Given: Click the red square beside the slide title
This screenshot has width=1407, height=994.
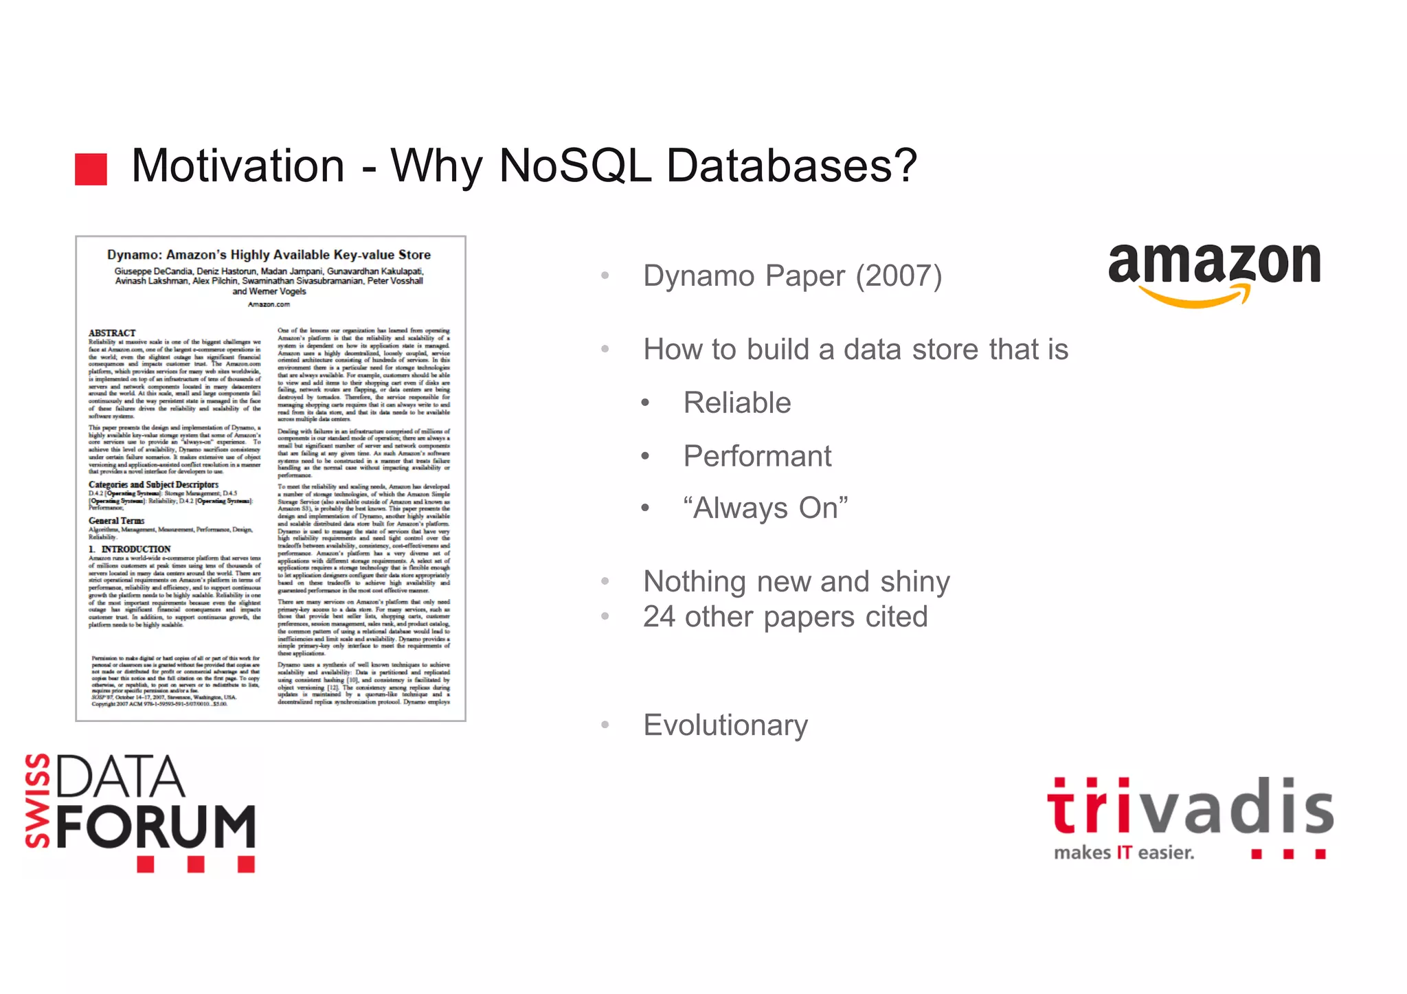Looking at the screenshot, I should (91, 169).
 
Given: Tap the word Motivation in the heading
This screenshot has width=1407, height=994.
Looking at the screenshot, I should (238, 166).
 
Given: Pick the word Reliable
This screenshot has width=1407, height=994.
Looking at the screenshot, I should (737, 403).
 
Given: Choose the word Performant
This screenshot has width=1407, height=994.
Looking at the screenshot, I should (757, 456).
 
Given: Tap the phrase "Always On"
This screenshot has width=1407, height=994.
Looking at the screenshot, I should (765, 508).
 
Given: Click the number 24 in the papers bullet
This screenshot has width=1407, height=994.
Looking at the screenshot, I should (659, 617).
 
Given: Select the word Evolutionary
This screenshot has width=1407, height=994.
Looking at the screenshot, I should (725, 725).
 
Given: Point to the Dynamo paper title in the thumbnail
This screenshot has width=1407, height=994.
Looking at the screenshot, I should (269, 255).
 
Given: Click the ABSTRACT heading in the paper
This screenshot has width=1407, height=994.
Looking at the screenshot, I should (112, 333).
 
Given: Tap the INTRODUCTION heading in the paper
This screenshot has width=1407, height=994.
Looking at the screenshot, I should (135, 549).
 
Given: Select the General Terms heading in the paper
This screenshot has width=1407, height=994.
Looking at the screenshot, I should (116, 521).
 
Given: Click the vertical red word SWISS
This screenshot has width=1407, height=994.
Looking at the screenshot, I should (38, 800).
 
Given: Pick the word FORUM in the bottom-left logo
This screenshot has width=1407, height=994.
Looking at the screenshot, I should (156, 826).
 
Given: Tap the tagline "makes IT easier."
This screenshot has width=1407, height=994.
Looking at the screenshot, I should (1124, 852).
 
